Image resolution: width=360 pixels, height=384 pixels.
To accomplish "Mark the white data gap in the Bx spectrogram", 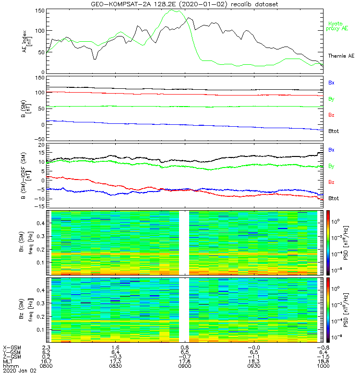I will [x=184, y=242].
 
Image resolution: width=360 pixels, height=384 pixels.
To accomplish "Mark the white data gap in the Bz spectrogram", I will [x=184, y=310].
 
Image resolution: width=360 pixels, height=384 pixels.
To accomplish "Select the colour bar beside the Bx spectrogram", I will [x=329, y=242].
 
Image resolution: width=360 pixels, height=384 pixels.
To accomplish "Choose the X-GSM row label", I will [x=12, y=347].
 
